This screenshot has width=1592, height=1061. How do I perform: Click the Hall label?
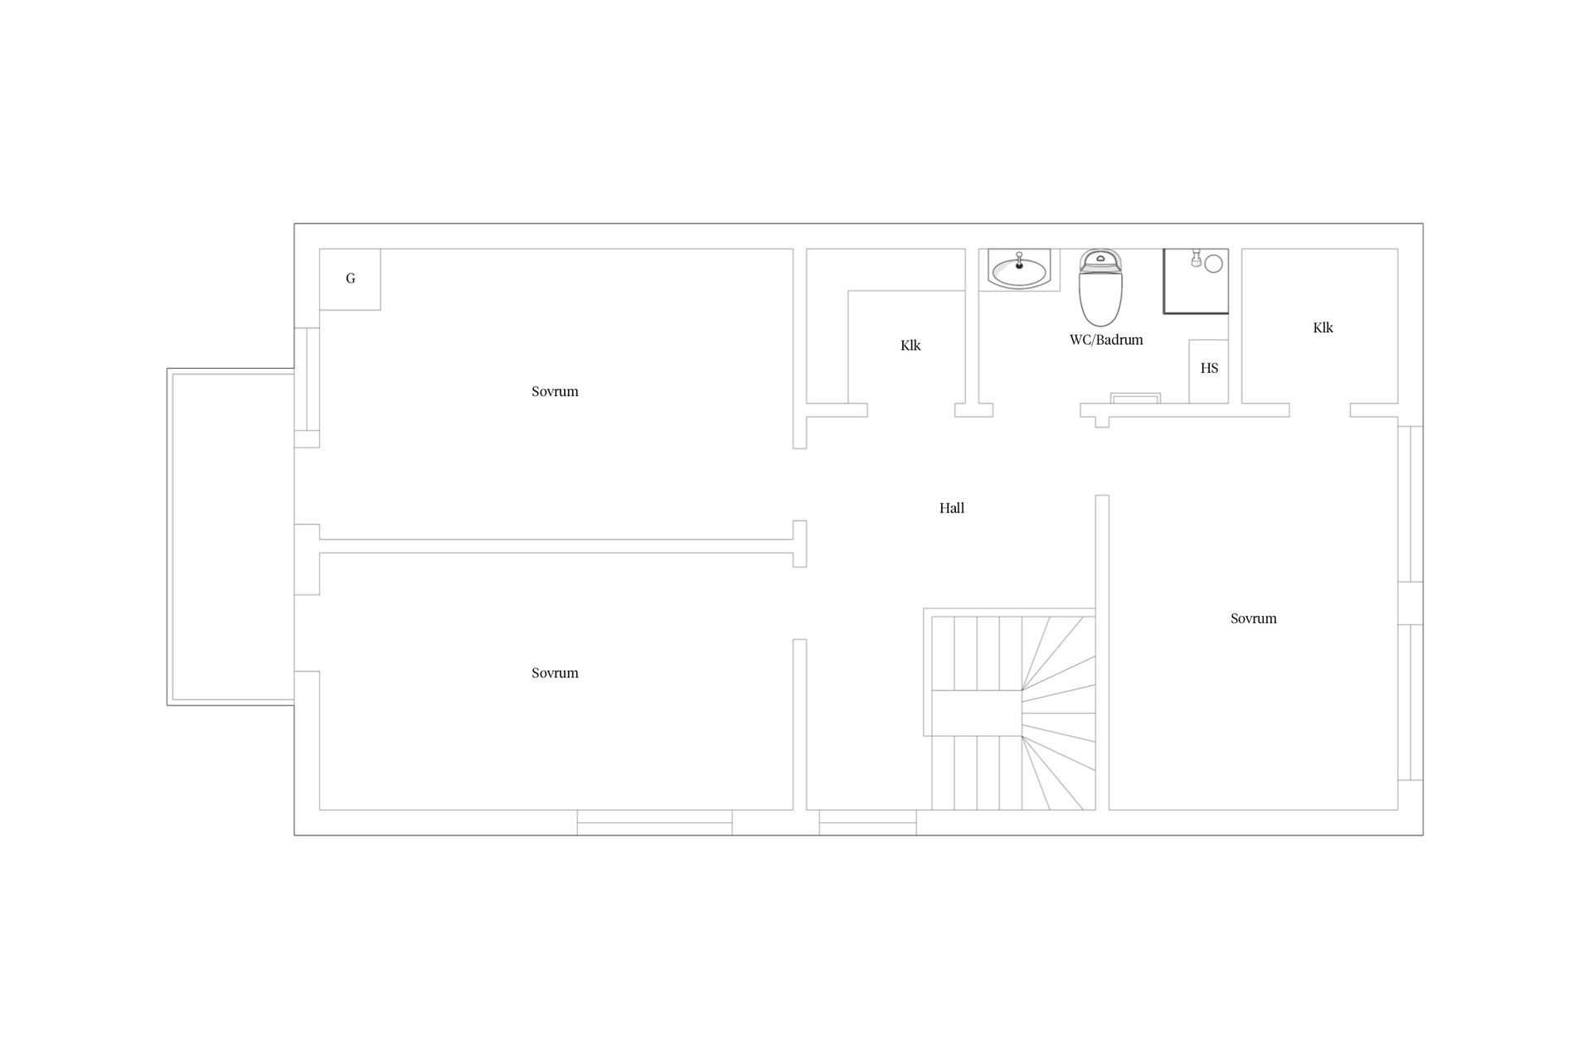(x=952, y=508)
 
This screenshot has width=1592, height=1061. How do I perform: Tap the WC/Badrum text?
(x=1106, y=340)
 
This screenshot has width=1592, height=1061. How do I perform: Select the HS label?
(x=1209, y=368)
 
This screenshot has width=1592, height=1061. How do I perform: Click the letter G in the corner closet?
(x=351, y=279)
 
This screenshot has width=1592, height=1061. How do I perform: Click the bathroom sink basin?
(x=1019, y=271)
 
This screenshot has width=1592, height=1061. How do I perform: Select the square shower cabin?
(x=1196, y=281)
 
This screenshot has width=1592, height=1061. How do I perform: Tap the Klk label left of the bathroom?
(x=910, y=346)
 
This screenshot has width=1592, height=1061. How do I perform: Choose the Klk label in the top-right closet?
(x=1323, y=327)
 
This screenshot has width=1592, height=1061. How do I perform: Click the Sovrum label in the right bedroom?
(x=1253, y=618)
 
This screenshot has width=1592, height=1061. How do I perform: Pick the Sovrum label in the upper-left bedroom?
(x=555, y=391)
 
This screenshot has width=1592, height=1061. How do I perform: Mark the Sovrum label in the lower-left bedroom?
(x=555, y=673)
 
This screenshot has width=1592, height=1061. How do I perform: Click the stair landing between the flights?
(x=976, y=713)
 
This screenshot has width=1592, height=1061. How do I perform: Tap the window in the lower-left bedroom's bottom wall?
(x=654, y=822)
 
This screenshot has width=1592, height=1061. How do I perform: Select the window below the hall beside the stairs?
(x=867, y=822)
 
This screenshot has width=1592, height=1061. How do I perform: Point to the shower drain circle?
(x=1214, y=264)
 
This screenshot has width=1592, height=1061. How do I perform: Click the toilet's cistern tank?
(x=1100, y=260)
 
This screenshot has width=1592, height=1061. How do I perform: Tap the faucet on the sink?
(x=1019, y=261)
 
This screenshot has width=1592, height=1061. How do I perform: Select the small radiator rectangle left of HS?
(x=1135, y=398)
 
